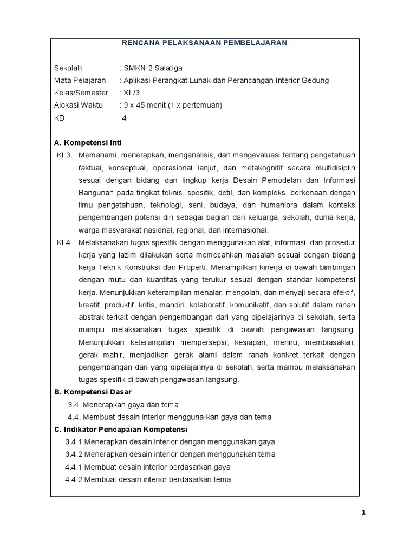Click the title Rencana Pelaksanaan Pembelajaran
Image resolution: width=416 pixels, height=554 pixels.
(x=205, y=43)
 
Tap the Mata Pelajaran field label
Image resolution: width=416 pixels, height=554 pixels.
(x=80, y=81)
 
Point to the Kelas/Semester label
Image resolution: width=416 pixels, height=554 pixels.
(x=81, y=93)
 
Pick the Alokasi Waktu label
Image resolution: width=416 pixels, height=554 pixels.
(x=79, y=105)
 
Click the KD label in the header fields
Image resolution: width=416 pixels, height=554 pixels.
(x=60, y=118)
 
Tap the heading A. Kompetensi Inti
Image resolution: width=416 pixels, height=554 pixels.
(x=88, y=143)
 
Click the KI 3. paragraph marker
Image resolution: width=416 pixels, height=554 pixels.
(x=64, y=156)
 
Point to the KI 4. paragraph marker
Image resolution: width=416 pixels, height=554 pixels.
(x=64, y=243)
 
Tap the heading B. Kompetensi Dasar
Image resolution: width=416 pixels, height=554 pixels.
(x=93, y=392)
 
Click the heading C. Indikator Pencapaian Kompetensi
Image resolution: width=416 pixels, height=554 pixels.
(x=120, y=430)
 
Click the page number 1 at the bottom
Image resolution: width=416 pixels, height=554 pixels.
(x=364, y=513)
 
